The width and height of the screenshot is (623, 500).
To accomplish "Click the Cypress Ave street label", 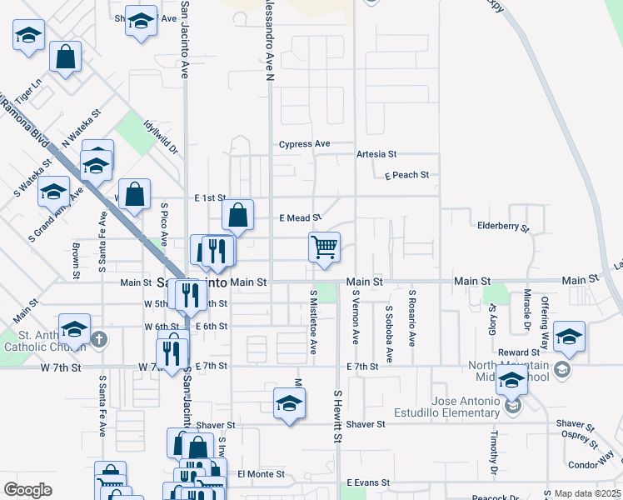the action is coord(304,143).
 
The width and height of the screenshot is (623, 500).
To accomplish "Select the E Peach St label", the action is coord(406,175).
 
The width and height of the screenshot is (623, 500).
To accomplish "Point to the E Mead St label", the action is coord(298,217).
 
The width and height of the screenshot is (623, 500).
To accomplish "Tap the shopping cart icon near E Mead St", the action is coord(324,247).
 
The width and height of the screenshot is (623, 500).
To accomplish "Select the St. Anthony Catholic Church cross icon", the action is coord(99,338).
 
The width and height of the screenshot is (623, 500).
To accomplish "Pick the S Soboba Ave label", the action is coord(388,333).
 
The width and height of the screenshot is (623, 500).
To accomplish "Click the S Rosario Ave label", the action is coord(411,317).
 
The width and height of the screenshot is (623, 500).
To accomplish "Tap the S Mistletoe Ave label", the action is coord(314,322).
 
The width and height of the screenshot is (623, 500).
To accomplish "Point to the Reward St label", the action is coord(519,352).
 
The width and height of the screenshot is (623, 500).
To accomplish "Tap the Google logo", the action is coord(28,489).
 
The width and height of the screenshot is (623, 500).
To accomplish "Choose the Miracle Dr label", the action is coord(526,309).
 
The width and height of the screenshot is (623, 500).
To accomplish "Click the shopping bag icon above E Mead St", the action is coord(238,214).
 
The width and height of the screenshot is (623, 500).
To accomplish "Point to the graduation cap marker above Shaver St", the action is coord(289,404).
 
